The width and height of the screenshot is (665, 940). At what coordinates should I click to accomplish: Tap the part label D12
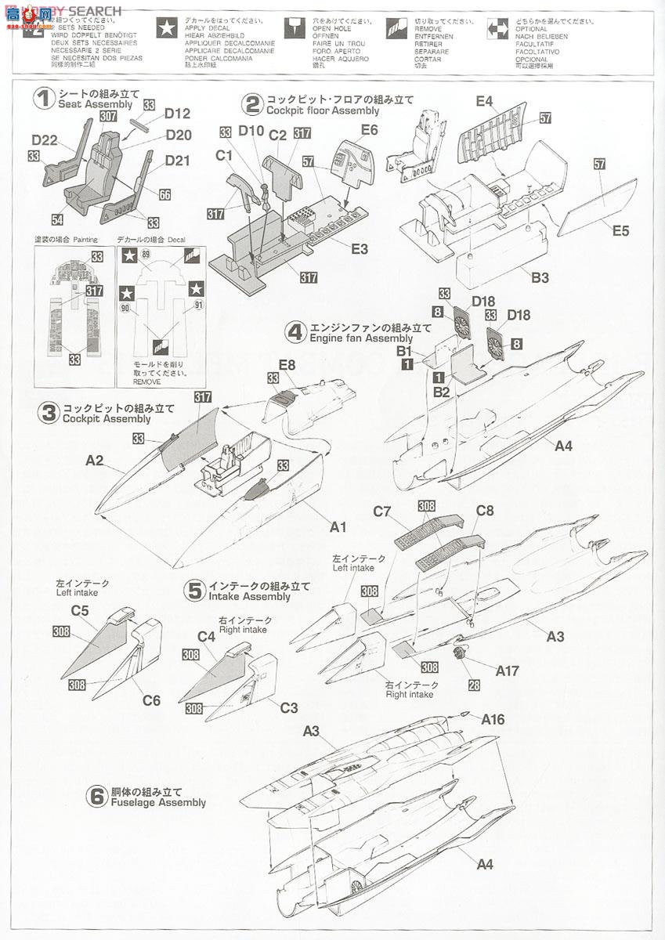[178, 113]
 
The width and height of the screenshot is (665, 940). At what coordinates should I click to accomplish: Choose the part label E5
[620, 231]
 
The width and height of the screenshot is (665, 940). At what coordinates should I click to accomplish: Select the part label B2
[441, 392]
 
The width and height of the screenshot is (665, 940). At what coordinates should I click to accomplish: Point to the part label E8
[286, 364]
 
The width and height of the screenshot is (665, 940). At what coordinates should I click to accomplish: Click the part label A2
[95, 461]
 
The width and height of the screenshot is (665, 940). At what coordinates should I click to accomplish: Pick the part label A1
[338, 527]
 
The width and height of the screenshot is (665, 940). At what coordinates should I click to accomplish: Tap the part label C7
[382, 512]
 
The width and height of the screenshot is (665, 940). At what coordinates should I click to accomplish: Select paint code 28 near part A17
[474, 685]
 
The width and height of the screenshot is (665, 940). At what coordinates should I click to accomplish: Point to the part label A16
[493, 719]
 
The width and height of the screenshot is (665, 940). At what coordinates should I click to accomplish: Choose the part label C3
[289, 707]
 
